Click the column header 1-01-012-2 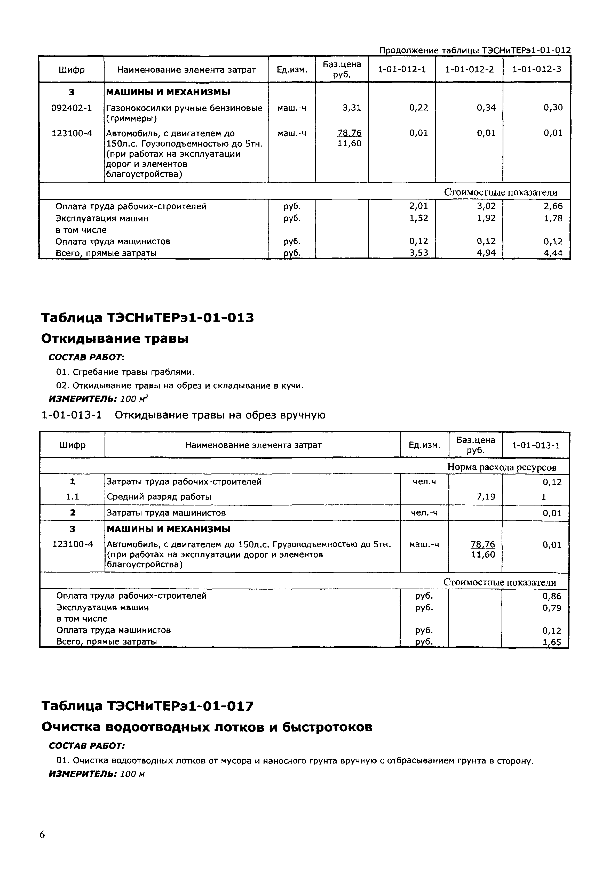469,69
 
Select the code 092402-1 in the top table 72,108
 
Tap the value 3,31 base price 352,108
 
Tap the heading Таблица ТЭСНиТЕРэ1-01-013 147,318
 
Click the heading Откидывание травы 115,339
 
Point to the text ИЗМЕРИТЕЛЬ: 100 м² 98,399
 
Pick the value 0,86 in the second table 552,596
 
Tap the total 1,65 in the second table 552,642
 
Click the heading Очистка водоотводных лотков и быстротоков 207,727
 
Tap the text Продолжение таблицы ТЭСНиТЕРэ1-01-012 475,50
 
